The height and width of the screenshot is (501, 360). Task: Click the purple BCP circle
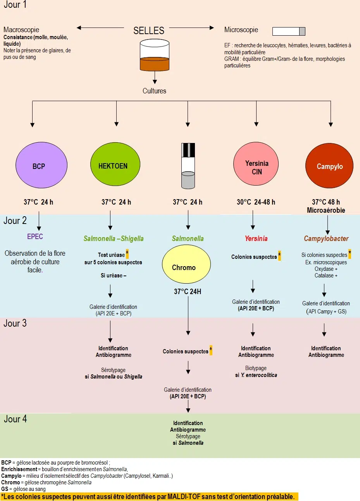click(41, 165)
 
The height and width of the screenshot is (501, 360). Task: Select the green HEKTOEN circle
click(115, 164)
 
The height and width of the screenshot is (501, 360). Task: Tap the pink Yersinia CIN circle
click(256, 164)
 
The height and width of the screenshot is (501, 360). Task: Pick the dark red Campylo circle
click(329, 165)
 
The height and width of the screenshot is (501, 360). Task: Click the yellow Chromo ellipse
click(186, 264)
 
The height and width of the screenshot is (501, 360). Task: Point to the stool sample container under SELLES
click(155, 55)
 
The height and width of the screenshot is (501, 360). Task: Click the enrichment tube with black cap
click(188, 166)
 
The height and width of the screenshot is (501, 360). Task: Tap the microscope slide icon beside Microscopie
click(289, 31)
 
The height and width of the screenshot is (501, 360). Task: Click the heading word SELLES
click(149, 31)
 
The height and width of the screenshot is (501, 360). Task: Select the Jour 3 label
click(15, 324)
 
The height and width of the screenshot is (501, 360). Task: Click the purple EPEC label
click(35, 236)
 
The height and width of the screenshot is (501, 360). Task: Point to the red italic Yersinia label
click(256, 238)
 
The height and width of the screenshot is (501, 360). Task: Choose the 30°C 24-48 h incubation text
click(256, 202)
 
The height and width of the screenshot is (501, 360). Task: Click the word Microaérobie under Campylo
click(326, 210)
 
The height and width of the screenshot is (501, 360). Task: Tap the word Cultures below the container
click(154, 91)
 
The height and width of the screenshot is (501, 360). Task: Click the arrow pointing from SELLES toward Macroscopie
click(100, 28)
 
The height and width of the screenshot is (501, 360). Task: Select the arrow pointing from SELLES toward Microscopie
click(191, 28)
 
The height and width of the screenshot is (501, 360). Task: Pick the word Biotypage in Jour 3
click(256, 368)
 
